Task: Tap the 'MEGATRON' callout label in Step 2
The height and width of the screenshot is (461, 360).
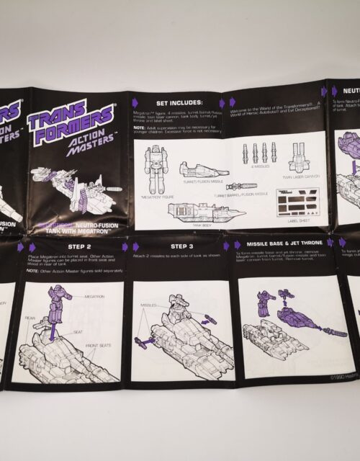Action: (94, 296)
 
